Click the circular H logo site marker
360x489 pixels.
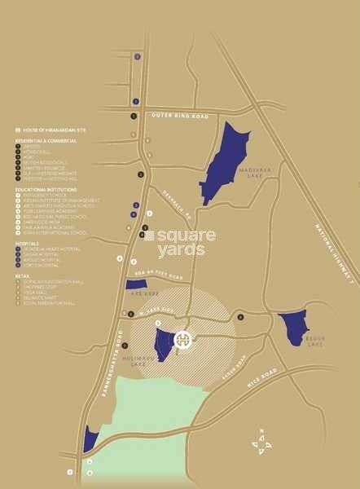coord(184,339)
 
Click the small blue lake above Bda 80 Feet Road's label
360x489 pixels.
coord(136,284)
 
